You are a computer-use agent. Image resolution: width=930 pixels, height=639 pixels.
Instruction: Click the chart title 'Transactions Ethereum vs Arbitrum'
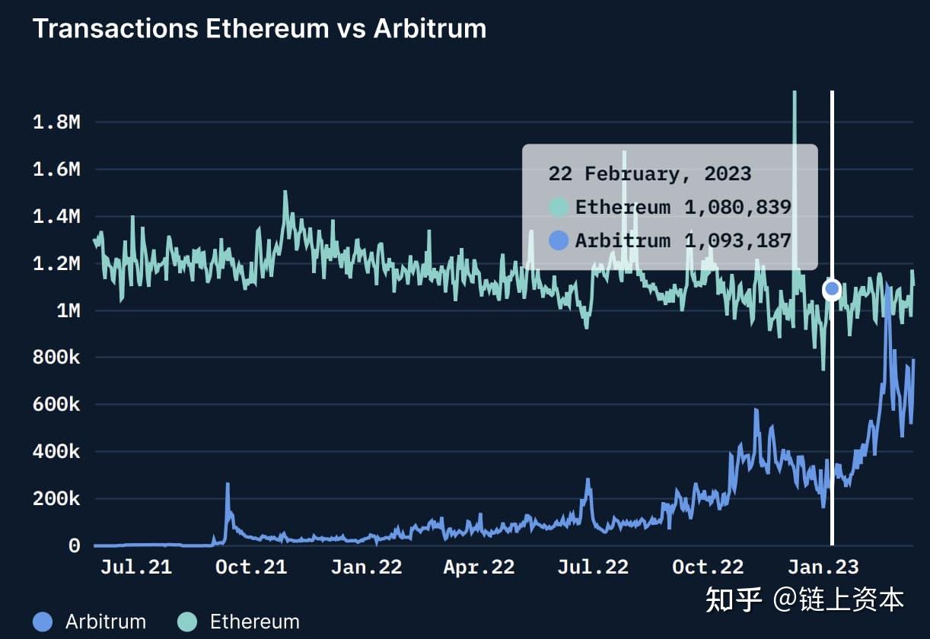[259, 29]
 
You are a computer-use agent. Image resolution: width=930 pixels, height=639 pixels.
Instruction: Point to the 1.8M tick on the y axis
[56, 122]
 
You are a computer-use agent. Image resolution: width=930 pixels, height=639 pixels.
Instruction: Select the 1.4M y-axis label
[56, 217]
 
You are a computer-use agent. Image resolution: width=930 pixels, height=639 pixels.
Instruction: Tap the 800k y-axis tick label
[56, 358]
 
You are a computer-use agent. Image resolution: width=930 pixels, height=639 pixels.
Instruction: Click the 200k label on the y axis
[56, 499]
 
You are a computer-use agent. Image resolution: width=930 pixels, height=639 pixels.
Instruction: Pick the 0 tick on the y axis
[74, 546]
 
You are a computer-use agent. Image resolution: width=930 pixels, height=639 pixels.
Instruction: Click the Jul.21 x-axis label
[136, 567]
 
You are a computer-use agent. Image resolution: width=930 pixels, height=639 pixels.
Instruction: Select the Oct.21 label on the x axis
[251, 567]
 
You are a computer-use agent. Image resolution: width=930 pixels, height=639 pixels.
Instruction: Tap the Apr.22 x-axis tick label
[479, 567]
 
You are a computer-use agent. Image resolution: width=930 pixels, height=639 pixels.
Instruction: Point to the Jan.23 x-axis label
[823, 567]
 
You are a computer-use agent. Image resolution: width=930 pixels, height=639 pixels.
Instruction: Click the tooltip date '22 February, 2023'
[649, 173]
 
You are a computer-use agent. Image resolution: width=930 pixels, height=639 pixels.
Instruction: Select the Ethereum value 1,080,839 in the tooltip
[737, 207]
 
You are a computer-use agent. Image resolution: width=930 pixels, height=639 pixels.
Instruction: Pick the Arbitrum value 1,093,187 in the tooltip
[737, 241]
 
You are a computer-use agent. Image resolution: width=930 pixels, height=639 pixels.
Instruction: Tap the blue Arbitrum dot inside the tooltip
[559, 241]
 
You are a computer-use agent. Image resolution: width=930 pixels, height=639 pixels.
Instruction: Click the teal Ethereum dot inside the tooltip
[559, 207]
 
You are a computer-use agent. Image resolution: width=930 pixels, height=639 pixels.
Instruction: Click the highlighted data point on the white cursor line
[832, 288]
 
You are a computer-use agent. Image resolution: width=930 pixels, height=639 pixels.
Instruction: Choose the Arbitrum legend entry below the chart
[90, 622]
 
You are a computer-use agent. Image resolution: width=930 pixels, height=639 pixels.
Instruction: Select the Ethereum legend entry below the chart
[238, 622]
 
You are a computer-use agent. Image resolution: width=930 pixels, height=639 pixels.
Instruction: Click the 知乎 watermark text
[734, 599]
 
